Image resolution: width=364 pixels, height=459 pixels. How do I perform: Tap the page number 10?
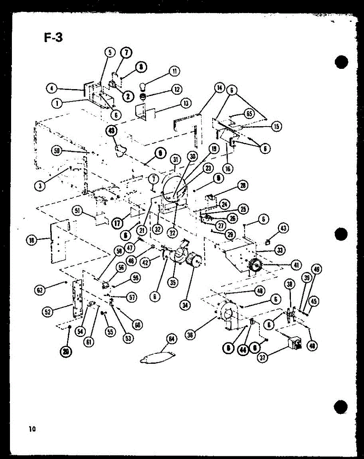[32, 429]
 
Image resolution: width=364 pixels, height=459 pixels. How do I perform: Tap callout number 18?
[31, 240]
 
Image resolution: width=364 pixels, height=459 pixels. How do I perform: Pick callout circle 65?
[249, 114]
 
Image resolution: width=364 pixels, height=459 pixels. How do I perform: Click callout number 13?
[186, 103]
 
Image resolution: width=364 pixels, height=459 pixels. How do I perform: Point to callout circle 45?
[313, 302]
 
